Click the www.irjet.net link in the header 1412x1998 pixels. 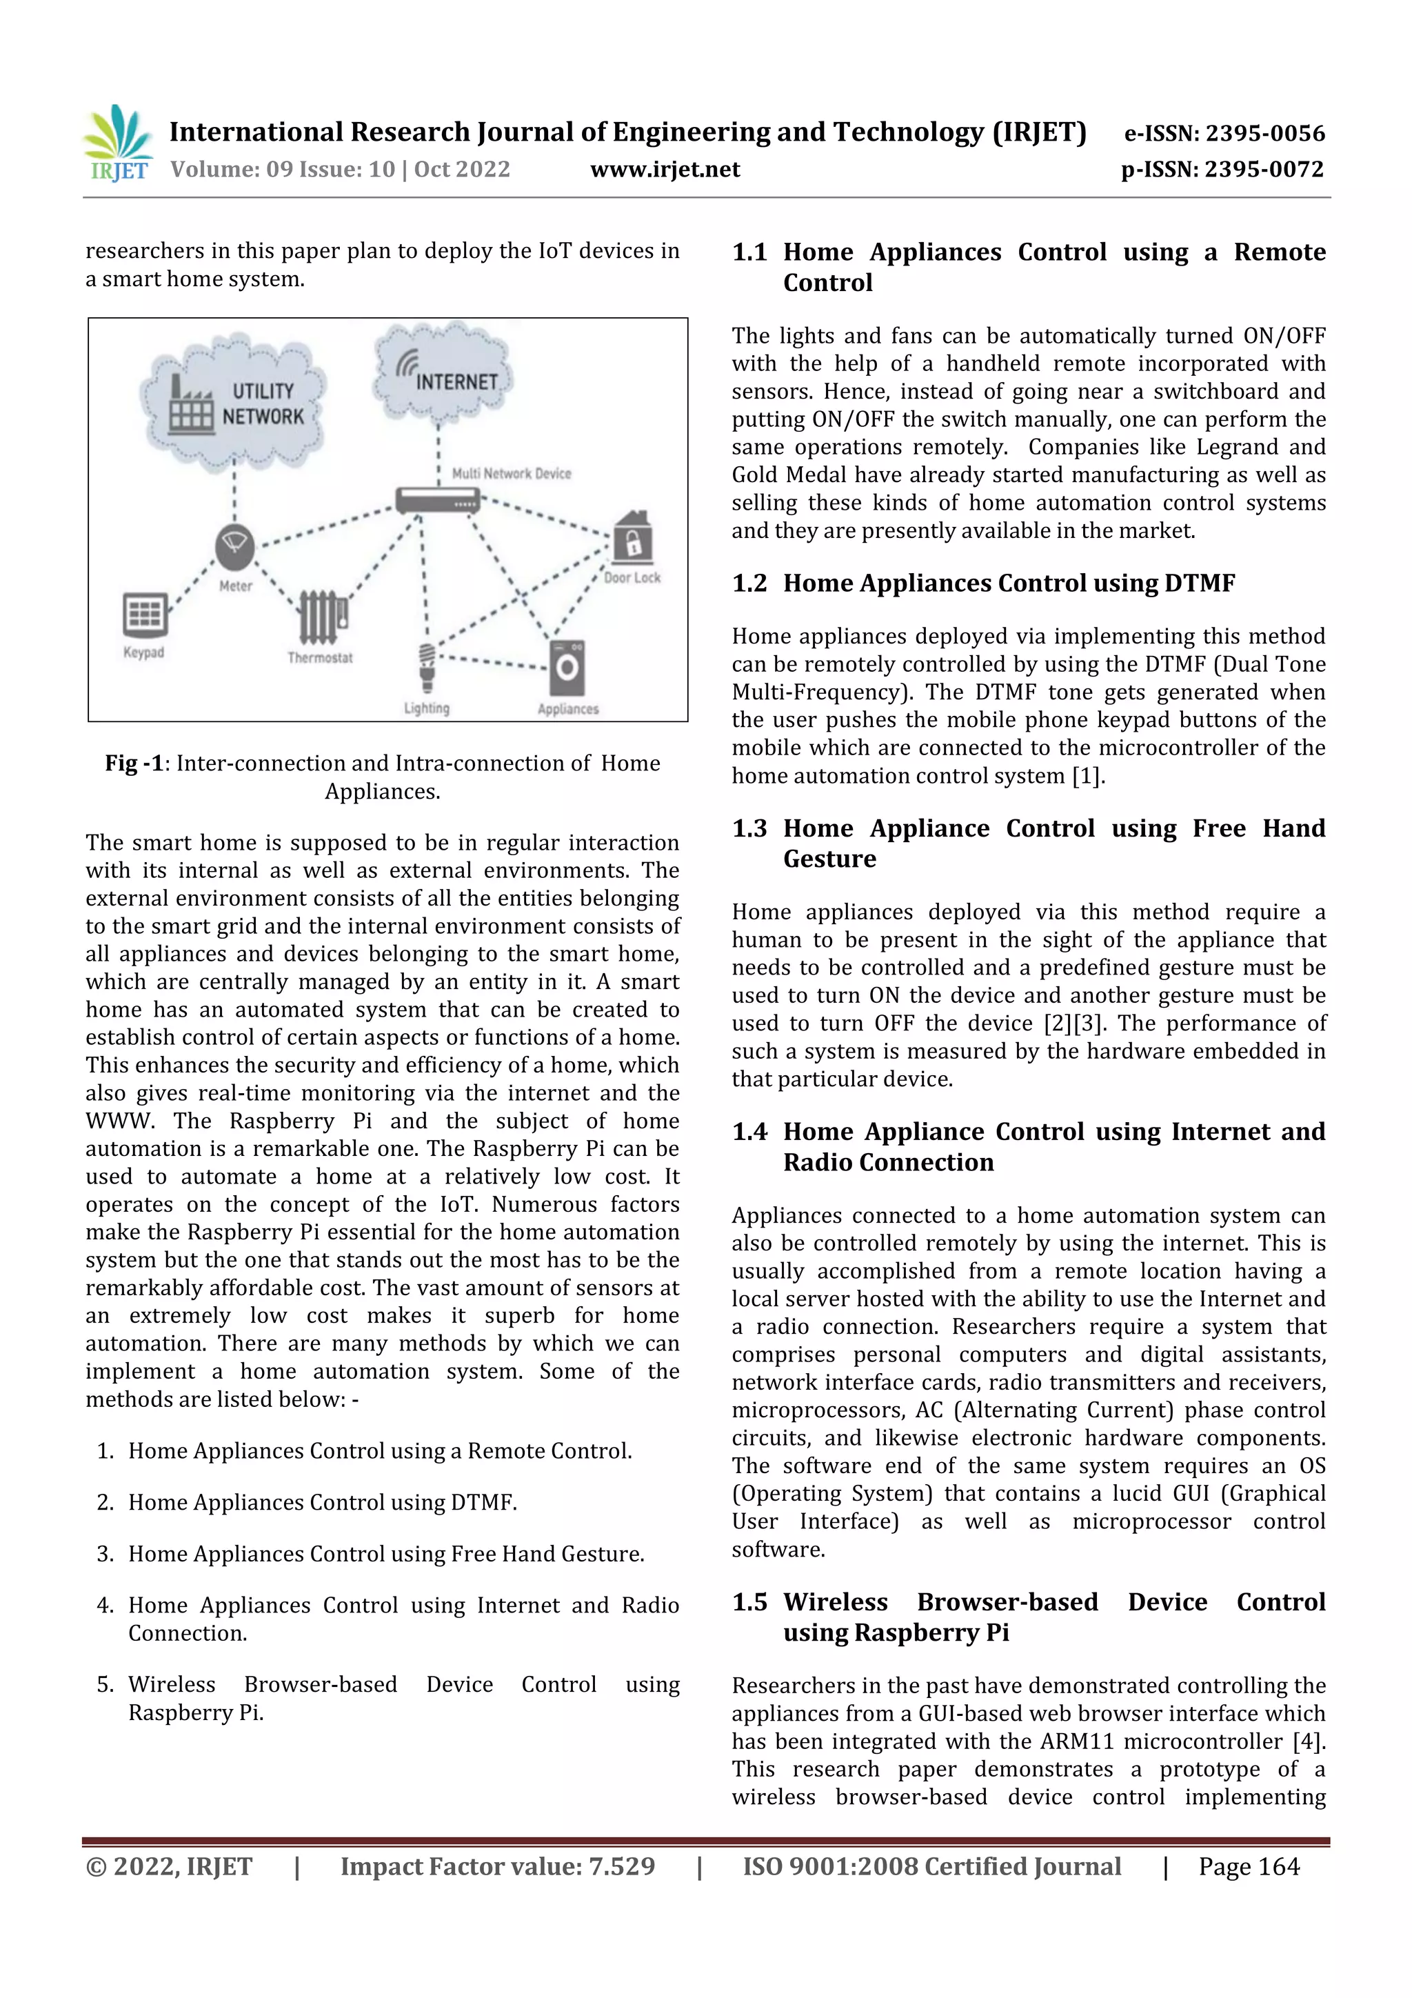[x=665, y=170]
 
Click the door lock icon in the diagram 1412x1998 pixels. [x=632, y=537]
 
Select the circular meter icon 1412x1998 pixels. [x=235, y=546]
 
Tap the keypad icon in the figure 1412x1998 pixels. [x=144, y=615]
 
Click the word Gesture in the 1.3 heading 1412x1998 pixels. [x=829, y=859]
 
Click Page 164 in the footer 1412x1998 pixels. [x=1249, y=1866]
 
